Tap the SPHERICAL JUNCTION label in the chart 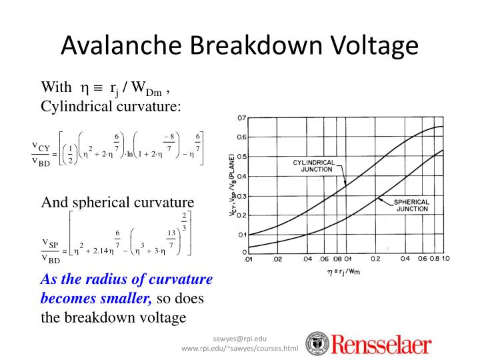[x=412, y=205]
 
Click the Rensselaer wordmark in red [x=378, y=345]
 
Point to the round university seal [x=316, y=343]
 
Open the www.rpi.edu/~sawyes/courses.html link [x=239, y=349]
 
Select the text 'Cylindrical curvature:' [x=111, y=106]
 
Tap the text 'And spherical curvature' [x=117, y=202]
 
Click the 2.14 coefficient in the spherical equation [x=98, y=251]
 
